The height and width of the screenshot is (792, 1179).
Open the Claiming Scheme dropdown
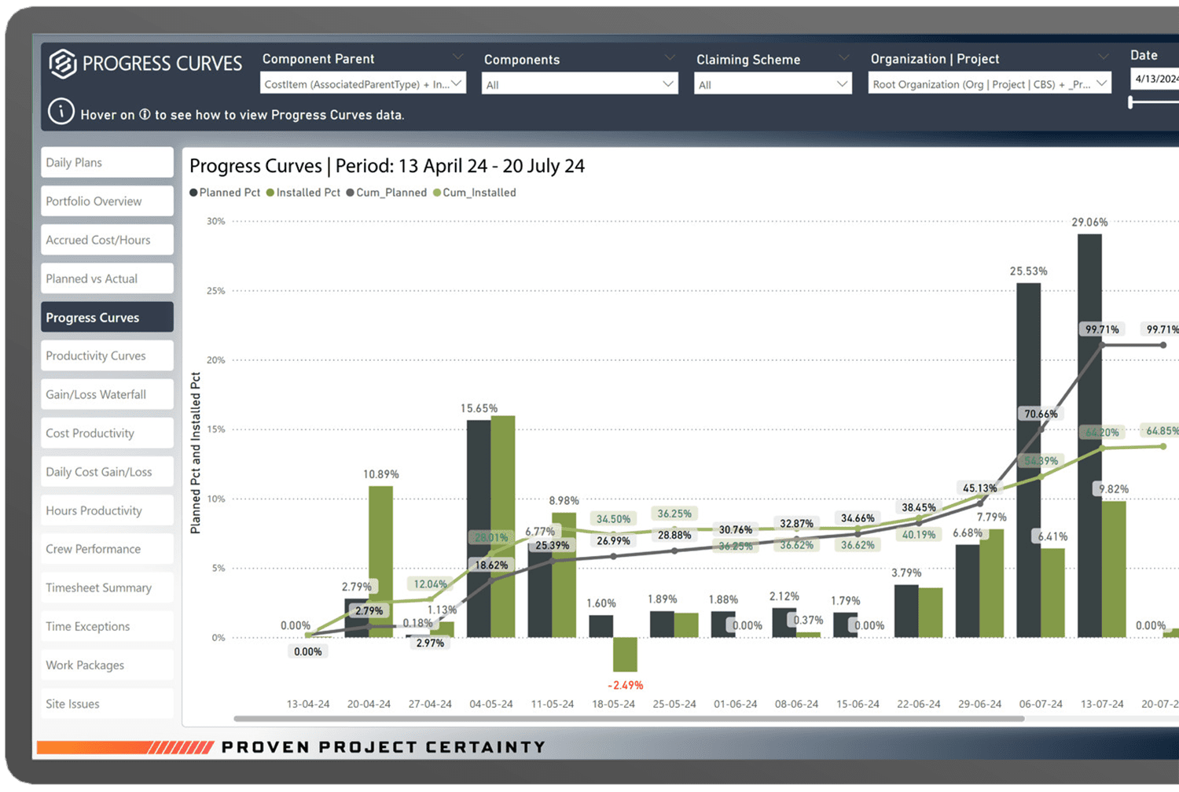[x=773, y=84]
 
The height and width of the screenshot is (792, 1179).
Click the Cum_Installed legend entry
[x=479, y=193]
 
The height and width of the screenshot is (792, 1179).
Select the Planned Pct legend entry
[x=229, y=193]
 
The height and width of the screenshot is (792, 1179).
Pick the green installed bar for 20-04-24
[x=380, y=562]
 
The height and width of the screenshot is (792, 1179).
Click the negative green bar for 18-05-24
[x=625, y=654]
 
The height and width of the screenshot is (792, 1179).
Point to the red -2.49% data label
[x=626, y=685]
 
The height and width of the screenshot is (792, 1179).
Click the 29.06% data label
[x=1089, y=223]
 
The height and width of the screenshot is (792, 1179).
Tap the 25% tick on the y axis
[x=215, y=291]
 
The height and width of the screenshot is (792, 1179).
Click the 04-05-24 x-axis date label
[x=491, y=704]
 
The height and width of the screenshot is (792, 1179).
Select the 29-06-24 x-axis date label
[x=979, y=704]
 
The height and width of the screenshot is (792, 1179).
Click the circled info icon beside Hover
[x=61, y=112]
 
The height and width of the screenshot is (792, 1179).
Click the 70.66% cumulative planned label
[x=1041, y=414]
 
